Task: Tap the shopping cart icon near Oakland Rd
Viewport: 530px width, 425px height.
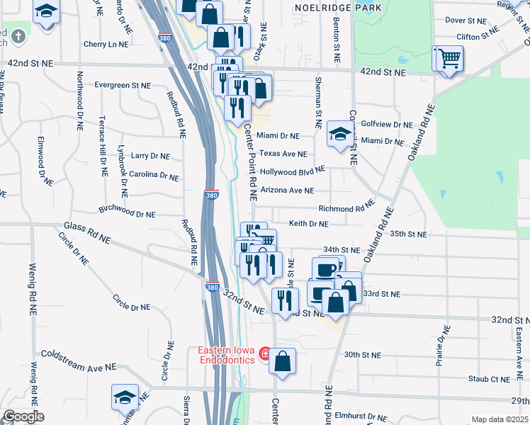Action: tap(448, 58)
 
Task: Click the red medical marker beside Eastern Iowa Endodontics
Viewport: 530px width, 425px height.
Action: tap(264, 353)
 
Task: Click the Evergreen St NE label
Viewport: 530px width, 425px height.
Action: tap(123, 85)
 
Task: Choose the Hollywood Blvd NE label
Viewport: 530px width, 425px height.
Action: tap(292, 171)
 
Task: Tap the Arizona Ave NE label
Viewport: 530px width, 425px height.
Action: tap(287, 191)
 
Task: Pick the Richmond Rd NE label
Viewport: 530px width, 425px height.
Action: tap(346, 209)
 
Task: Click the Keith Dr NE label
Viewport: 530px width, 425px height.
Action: tap(308, 224)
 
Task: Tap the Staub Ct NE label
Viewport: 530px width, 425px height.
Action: tap(490, 379)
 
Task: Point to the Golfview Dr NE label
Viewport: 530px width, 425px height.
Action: tap(387, 124)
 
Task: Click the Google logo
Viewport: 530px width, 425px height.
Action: tap(23, 416)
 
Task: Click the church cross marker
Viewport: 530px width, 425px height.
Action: tap(16, 35)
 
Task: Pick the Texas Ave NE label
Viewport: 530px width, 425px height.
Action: tap(283, 154)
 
